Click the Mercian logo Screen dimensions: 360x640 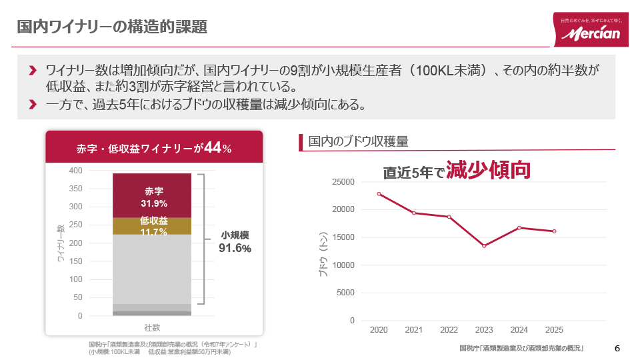(x=591, y=30)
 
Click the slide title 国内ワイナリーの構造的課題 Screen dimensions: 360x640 (x=112, y=27)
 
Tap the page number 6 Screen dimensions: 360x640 (x=617, y=349)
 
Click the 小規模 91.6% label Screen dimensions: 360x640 (x=235, y=242)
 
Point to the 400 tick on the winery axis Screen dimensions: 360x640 (x=75, y=171)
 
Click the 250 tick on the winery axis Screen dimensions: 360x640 (x=75, y=225)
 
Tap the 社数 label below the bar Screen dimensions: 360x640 (x=152, y=327)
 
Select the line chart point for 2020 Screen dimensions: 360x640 (x=379, y=194)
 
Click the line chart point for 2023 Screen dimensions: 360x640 (x=484, y=246)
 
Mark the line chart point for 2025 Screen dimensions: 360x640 (x=554, y=231)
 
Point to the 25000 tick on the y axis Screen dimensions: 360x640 (x=343, y=181)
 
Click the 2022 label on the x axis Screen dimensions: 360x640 (x=449, y=330)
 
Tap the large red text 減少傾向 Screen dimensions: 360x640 (x=488, y=170)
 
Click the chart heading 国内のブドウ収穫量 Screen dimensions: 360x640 (x=358, y=141)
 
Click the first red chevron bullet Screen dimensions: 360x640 (x=33, y=70)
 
